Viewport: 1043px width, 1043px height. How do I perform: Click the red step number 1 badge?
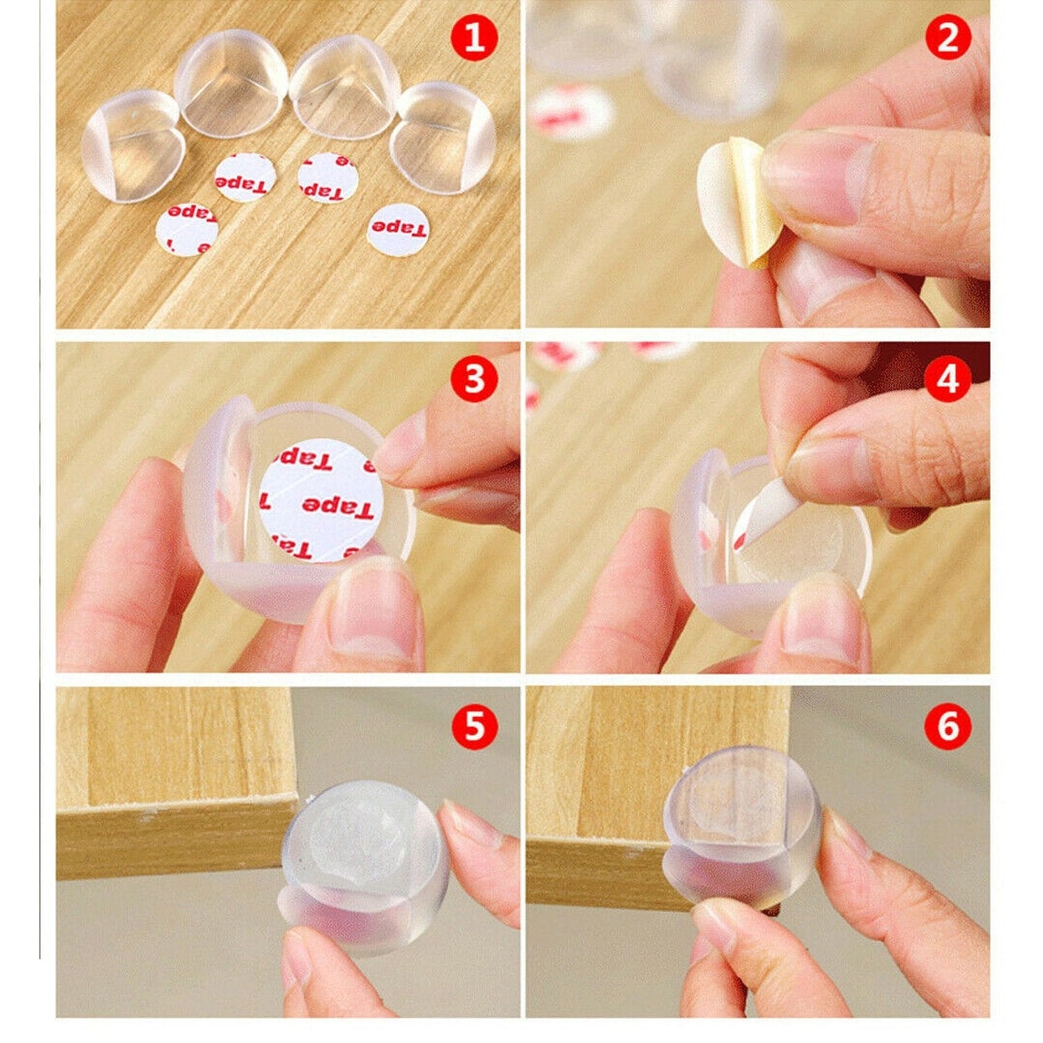click(474, 38)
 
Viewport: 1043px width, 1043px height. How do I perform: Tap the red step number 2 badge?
click(947, 38)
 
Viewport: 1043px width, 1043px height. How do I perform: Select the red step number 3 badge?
click(474, 378)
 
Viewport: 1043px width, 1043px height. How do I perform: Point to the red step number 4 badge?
click(947, 378)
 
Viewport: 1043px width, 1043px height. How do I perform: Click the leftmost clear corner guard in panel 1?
click(132, 147)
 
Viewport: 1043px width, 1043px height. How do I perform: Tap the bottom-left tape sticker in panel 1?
click(187, 230)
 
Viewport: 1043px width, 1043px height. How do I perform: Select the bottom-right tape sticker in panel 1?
click(399, 230)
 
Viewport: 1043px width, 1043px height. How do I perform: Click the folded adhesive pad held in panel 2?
click(738, 200)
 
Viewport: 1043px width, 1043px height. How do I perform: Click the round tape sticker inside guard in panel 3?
click(320, 499)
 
